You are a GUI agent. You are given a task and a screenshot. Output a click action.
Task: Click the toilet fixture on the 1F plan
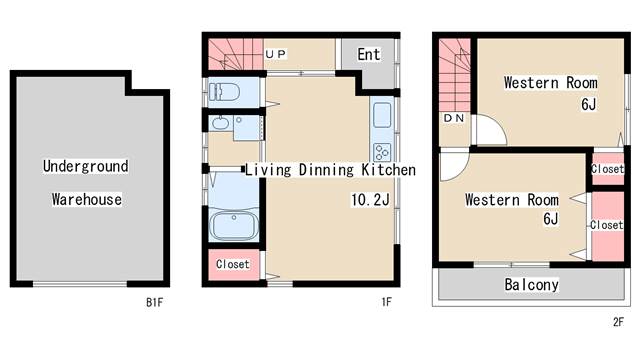click(x=224, y=92)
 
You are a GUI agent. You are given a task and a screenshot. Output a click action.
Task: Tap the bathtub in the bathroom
click(x=234, y=225)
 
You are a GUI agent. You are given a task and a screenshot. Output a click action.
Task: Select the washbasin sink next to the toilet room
click(x=220, y=122)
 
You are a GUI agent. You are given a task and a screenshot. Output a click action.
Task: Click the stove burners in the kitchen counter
click(x=382, y=152)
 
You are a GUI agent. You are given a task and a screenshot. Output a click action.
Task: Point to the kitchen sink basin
click(x=382, y=115)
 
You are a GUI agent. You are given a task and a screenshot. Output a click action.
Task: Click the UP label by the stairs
click(x=276, y=53)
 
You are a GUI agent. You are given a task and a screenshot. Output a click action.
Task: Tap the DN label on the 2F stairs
click(x=453, y=118)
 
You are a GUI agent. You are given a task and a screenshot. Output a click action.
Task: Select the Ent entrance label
click(x=369, y=54)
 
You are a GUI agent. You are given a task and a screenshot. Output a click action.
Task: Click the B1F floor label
click(x=154, y=302)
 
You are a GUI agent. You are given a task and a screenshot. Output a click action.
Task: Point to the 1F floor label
click(x=386, y=302)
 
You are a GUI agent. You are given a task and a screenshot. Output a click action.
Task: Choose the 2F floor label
click(x=618, y=322)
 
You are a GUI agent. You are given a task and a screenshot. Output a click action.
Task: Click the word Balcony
click(x=531, y=284)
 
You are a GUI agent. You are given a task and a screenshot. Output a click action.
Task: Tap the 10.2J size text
click(x=370, y=200)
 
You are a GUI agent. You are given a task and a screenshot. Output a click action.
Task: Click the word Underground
click(x=86, y=166)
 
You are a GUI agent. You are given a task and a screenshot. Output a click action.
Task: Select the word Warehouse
click(x=87, y=199)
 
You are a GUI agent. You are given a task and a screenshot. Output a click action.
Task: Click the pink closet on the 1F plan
click(x=234, y=265)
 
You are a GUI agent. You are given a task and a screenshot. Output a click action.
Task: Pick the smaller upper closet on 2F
click(x=608, y=169)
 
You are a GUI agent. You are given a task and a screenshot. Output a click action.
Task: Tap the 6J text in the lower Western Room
click(x=550, y=219)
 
